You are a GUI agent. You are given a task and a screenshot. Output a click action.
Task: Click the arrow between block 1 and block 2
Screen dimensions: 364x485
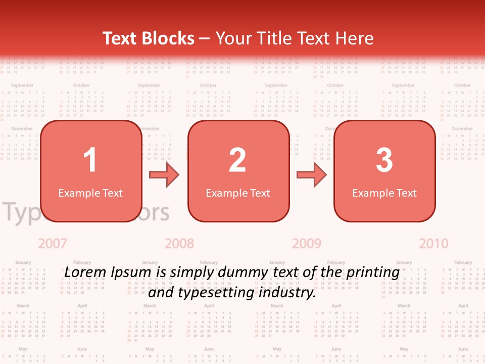tap(165, 175)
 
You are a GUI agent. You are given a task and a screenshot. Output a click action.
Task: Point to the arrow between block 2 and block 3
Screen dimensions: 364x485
tap(312, 175)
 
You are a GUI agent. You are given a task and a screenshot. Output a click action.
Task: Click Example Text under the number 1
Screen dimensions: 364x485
tap(90, 193)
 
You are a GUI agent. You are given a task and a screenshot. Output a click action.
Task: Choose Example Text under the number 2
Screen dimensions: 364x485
tap(238, 193)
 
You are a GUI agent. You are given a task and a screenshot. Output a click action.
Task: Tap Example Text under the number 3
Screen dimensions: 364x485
tap(384, 193)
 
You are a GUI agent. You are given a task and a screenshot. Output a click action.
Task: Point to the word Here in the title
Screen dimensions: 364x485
tap(355, 38)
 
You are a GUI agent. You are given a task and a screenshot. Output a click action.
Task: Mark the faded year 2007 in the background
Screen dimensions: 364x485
tap(53, 244)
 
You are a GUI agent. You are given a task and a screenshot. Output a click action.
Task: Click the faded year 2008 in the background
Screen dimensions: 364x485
tap(179, 244)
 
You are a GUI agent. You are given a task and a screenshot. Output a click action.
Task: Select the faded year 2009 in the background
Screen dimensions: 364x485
tap(307, 244)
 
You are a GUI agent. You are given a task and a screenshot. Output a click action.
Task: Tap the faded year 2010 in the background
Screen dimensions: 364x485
tap(433, 244)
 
